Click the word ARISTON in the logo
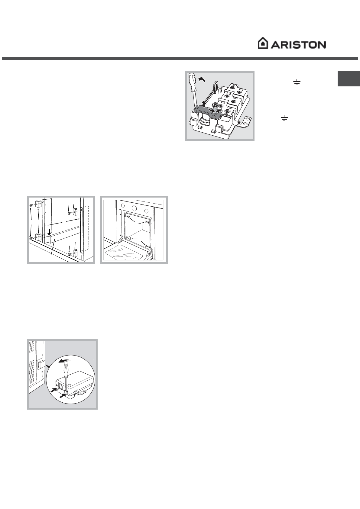coord(298,44)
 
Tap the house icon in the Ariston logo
coord(263,43)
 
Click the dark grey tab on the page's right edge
coord(349,79)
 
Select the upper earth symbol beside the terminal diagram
coord(297,82)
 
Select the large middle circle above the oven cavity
coord(134,209)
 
